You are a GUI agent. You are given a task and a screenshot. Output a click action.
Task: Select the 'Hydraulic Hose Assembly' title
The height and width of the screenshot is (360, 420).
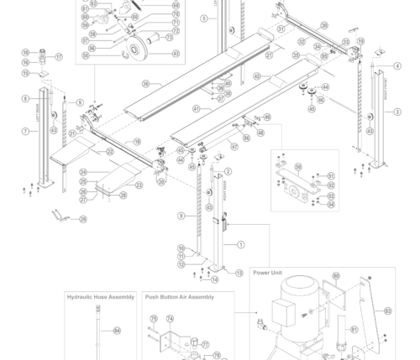pyautogui.click(x=101, y=297)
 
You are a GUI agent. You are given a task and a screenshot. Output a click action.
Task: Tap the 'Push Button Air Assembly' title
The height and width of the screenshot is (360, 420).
pyautogui.click(x=179, y=297)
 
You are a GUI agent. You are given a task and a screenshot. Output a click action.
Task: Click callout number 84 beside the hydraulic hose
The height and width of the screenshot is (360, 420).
pyautogui.click(x=117, y=331)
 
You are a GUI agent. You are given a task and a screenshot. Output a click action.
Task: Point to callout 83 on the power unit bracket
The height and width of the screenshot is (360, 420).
pyautogui.click(x=387, y=310)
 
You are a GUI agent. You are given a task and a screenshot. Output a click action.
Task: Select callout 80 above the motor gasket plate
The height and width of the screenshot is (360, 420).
pyautogui.click(x=336, y=276)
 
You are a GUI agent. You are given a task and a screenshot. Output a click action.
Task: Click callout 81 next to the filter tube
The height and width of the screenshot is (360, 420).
pyautogui.click(x=354, y=330)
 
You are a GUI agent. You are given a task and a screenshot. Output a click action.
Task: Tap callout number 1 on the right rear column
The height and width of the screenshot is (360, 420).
pyautogui.click(x=241, y=245)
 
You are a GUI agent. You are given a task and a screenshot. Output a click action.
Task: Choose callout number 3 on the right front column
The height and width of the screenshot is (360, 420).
pyautogui.click(x=397, y=112)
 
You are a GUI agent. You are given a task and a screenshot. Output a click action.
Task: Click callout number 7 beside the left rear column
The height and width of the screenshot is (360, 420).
pyautogui.click(x=25, y=132)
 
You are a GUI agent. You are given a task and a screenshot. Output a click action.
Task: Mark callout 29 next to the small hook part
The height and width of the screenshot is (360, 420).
pyautogui.click(x=83, y=219)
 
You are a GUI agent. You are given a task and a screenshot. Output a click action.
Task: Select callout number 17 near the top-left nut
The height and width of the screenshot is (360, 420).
pyautogui.click(x=59, y=57)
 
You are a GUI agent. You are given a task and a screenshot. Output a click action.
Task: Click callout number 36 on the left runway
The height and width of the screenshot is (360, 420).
pyautogui.click(x=145, y=84)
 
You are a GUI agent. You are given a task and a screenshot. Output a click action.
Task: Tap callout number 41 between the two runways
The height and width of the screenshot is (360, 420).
pyautogui.click(x=196, y=109)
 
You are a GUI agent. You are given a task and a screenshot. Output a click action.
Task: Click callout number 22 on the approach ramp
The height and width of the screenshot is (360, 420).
pyautogui.click(x=109, y=152)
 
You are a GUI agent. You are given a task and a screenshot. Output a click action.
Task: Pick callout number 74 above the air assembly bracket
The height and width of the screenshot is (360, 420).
pyautogui.click(x=170, y=319)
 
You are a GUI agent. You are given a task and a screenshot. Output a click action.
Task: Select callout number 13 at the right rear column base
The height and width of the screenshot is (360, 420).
pyautogui.click(x=239, y=274)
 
